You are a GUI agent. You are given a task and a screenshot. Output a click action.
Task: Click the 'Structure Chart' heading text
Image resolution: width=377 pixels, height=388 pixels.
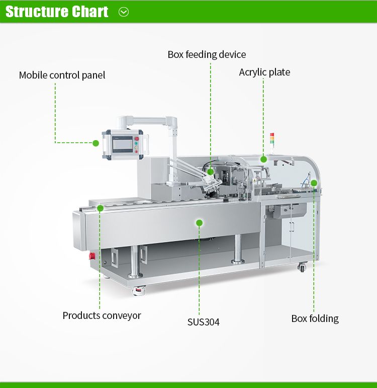57,12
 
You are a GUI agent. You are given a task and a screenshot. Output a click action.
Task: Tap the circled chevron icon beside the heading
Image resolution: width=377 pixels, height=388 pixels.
124,12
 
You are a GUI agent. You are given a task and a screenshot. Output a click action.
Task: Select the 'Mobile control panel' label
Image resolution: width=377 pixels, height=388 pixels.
62,75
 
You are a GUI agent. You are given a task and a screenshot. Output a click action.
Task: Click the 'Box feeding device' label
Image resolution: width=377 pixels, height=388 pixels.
207,54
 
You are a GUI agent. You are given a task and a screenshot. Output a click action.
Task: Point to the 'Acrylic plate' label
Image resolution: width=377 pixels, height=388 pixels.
264,72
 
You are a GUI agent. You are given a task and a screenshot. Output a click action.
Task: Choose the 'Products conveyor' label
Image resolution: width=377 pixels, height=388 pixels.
102,315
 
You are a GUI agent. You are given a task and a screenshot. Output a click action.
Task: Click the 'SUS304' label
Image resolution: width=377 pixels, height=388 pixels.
203,322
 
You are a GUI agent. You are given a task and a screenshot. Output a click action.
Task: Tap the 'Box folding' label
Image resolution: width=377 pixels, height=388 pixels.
315,318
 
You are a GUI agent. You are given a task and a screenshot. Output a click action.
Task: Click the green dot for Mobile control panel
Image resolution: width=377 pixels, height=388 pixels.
96,143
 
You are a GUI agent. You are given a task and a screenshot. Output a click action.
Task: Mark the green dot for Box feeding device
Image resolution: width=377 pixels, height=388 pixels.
210,172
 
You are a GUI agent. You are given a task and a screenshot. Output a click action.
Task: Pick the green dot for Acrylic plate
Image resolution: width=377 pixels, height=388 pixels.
263,159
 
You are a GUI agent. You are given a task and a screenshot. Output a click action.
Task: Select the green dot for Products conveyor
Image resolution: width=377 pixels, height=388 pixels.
100,208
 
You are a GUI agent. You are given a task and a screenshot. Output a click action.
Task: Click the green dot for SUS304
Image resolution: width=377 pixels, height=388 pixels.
199,223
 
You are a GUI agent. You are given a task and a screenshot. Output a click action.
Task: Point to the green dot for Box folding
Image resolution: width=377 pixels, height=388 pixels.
314,183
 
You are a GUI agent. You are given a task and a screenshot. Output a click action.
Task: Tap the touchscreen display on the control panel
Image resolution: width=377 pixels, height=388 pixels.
123,144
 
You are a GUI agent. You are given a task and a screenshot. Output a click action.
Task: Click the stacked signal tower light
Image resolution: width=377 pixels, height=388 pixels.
272,139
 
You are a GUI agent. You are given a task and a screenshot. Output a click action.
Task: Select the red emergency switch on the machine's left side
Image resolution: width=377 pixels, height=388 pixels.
92,256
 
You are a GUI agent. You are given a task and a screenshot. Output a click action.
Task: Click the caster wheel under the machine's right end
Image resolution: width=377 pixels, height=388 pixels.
302,267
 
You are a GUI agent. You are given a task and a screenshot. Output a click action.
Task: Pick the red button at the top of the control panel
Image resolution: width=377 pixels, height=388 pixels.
137,139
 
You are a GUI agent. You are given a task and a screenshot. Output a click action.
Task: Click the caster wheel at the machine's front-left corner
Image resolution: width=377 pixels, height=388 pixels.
139,290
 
